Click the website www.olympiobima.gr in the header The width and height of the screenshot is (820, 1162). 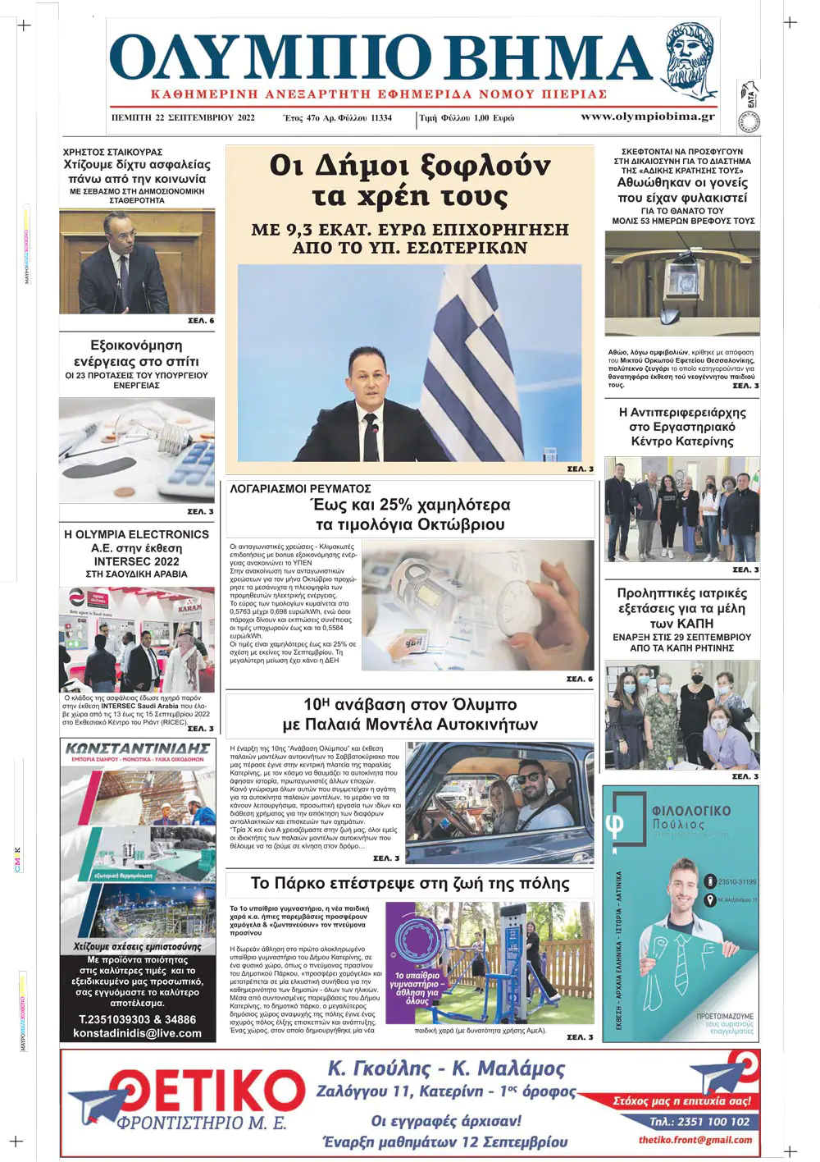click(x=647, y=117)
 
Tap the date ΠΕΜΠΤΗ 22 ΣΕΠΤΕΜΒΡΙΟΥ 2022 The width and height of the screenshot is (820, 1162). click(x=183, y=117)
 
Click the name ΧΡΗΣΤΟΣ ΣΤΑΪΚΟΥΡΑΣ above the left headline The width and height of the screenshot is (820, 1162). click(x=112, y=152)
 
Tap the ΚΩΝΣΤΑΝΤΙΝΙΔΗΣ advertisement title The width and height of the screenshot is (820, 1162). click(x=138, y=748)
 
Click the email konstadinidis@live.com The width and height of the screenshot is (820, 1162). click(x=138, y=1033)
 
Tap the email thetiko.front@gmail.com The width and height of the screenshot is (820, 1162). click(x=695, y=1140)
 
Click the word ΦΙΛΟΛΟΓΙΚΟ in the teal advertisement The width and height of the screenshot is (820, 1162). click(x=690, y=811)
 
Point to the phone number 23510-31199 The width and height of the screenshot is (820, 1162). click(x=736, y=882)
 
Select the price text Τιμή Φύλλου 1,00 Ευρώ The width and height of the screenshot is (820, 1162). click(x=467, y=118)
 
